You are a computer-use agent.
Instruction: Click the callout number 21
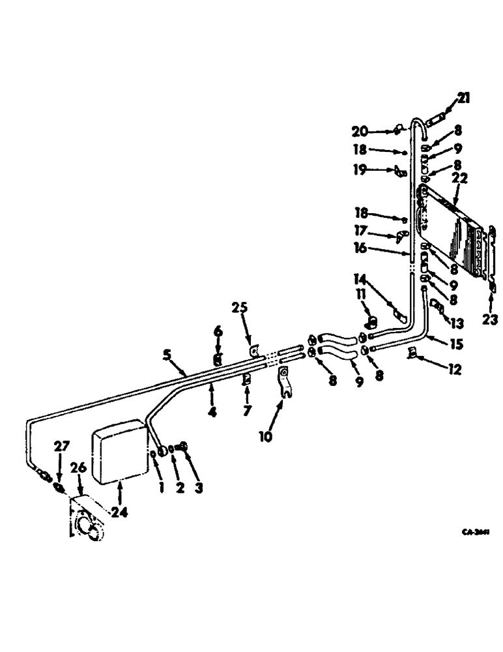click(463, 98)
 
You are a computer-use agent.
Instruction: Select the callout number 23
click(489, 319)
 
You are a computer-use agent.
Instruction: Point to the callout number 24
click(119, 512)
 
